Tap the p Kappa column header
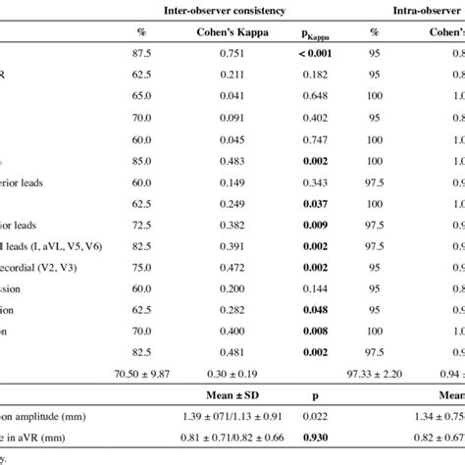click(x=316, y=33)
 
